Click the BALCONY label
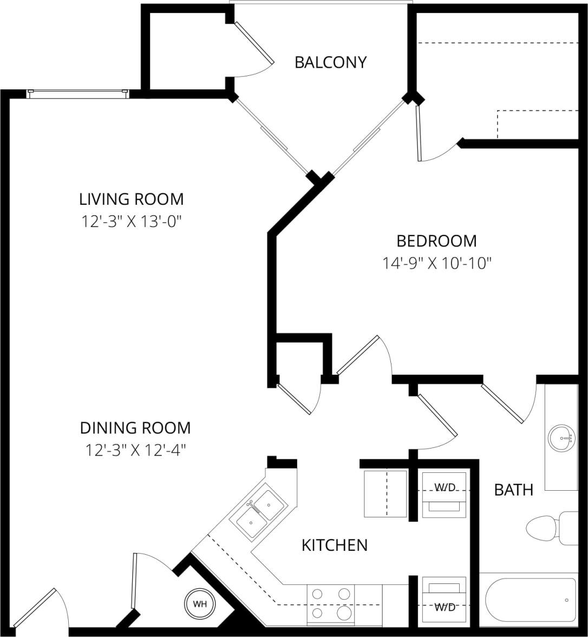point(330,62)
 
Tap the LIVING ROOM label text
point(132,199)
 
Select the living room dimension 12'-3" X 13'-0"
point(132,222)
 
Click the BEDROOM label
point(436,240)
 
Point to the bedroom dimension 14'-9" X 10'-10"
point(436,263)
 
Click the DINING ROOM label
point(135,428)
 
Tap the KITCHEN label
point(335,545)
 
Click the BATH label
point(513,490)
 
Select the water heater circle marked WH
point(200,603)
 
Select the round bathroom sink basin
point(560,438)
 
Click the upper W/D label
point(445,487)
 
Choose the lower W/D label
point(445,607)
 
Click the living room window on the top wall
point(78,94)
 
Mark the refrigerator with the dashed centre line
point(385,493)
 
